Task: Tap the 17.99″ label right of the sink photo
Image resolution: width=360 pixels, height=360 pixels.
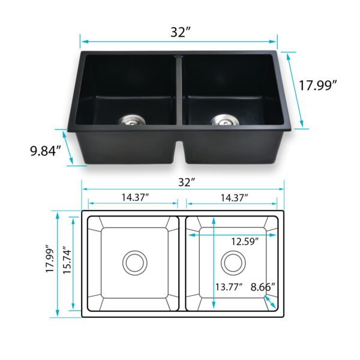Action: tap(317, 85)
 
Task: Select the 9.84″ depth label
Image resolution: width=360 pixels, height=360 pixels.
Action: tap(46, 150)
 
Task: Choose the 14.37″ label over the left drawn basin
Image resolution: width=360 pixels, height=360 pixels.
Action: tap(134, 197)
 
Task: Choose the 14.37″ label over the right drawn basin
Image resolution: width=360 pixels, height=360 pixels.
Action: tap(234, 197)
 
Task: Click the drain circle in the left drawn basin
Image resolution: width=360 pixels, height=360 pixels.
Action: tap(134, 262)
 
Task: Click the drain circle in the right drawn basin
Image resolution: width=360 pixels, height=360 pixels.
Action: tap(232, 262)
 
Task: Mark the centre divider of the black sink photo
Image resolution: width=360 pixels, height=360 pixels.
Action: tap(179, 90)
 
